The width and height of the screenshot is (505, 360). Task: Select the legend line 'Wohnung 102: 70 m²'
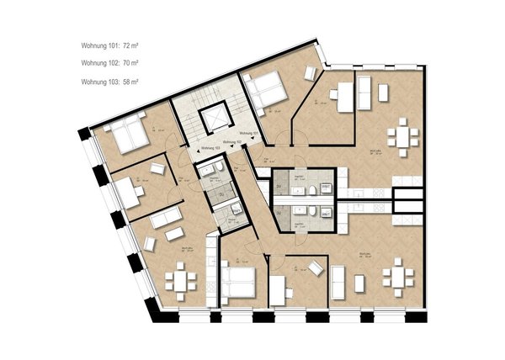coord(110,62)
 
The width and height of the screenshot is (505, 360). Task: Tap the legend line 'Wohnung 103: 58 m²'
coord(110,81)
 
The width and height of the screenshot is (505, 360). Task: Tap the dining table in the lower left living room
coord(180,279)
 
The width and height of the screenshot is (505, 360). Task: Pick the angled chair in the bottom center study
coord(316,268)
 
